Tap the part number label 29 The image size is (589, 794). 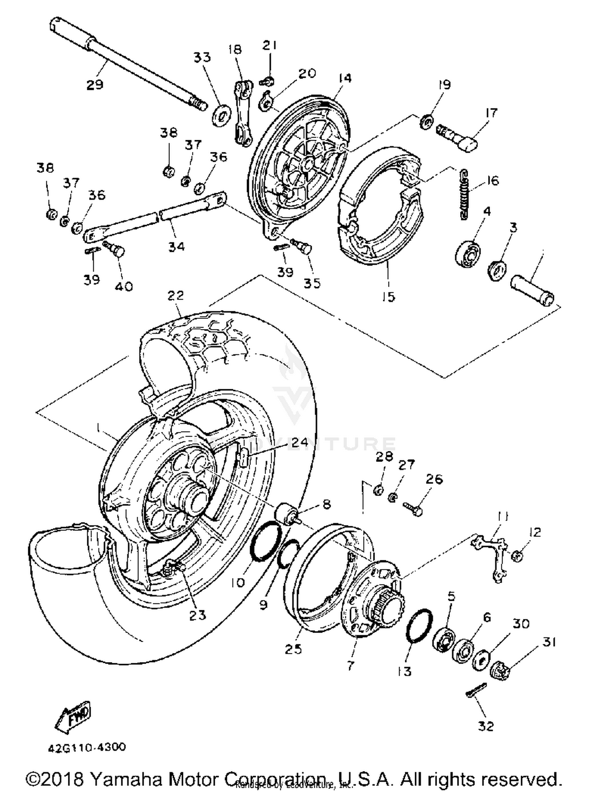tap(95, 85)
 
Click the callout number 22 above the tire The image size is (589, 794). tap(176, 295)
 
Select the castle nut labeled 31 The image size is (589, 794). tap(500, 670)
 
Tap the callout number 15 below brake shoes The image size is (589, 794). tap(388, 297)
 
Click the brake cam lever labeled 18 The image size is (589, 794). tap(243, 113)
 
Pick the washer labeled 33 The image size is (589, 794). tap(221, 115)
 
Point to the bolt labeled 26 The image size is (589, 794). tap(413, 509)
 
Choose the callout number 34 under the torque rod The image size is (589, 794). tap(176, 247)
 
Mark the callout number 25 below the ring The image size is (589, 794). tap(293, 649)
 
